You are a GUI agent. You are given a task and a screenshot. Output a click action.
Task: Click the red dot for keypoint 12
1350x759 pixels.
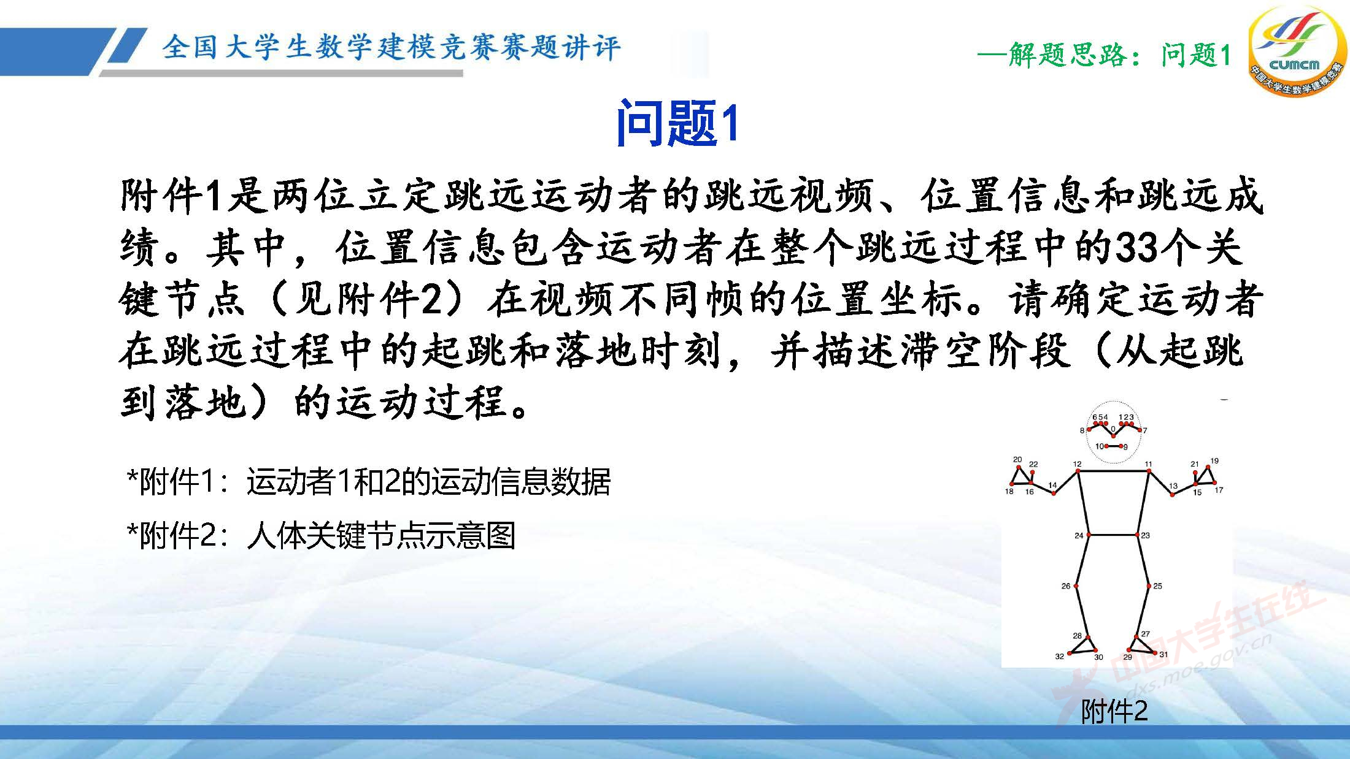pyautogui.click(x=1078, y=471)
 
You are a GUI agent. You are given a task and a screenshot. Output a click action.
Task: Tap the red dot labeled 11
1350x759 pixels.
pyautogui.click(x=1149, y=471)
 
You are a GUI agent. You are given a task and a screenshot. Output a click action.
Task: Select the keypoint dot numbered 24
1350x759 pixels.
pyautogui.click(x=1089, y=535)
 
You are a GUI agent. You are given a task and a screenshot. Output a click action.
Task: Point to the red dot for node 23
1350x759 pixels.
pyautogui.click(x=1138, y=535)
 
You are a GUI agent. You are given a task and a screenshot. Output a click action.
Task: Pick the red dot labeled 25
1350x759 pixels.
pyautogui.click(x=1149, y=586)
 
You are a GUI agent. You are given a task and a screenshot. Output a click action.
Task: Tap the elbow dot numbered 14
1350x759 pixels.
pyautogui.click(x=1054, y=493)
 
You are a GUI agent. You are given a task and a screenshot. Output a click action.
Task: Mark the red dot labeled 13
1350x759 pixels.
pyautogui.click(x=1172, y=494)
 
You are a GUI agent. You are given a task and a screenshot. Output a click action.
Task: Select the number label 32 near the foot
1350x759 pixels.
pyautogui.click(x=1059, y=657)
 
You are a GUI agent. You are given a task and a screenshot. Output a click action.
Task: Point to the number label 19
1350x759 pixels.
pyautogui.click(x=1214, y=461)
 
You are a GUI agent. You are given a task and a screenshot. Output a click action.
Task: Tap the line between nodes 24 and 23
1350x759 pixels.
pyautogui.click(x=1113, y=535)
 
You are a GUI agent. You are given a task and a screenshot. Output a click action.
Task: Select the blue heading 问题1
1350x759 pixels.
pyautogui.click(x=676, y=123)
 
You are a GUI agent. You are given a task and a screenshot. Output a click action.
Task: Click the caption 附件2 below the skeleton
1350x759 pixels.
pyautogui.click(x=1114, y=712)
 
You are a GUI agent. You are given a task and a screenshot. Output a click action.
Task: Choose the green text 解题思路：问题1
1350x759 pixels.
pyautogui.click(x=1105, y=55)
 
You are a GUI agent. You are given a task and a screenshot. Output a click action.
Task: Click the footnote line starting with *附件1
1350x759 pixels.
pyautogui.click(x=368, y=482)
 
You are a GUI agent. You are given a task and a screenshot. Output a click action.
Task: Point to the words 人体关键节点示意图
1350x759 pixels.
pyautogui.click(x=380, y=536)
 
